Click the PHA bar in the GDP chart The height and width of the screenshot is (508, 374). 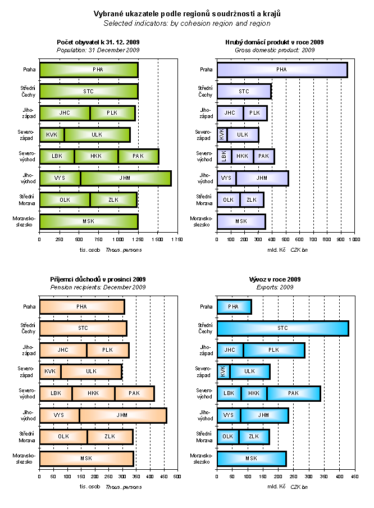[x=282, y=70]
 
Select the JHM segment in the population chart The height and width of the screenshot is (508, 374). [x=125, y=178]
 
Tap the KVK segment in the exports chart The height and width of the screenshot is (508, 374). [x=223, y=371]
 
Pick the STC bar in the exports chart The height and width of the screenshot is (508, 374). [x=282, y=328]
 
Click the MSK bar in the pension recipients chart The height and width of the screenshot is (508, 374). [x=86, y=459]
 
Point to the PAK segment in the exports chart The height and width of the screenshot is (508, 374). [x=293, y=393]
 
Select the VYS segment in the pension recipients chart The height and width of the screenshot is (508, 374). [x=59, y=415]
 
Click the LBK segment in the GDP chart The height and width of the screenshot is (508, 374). [x=224, y=156]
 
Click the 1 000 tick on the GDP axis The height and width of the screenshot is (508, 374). [x=354, y=239]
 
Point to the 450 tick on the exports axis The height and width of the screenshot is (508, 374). [x=354, y=476]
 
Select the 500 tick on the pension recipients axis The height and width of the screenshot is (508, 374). [x=177, y=476]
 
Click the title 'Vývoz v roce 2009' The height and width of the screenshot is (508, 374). [x=275, y=279]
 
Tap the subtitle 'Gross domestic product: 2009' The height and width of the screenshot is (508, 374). [x=275, y=50]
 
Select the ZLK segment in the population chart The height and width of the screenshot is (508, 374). [x=113, y=199]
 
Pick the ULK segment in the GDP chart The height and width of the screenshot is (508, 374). [x=243, y=135]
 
